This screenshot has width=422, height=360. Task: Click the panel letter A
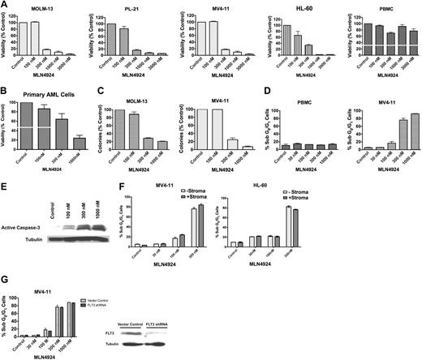[x=6, y=6]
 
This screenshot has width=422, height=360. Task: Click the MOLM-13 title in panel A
[x=32, y=9]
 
